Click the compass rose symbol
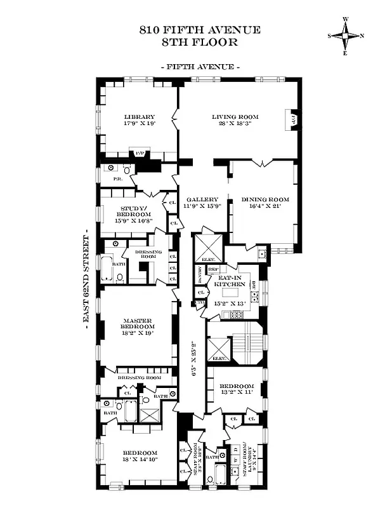click(x=346, y=36)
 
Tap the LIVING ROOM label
click(x=235, y=117)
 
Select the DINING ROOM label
click(x=265, y=200)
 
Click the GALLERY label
click(x=202, y=199)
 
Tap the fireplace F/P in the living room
click(x=293, y=119)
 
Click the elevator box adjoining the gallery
click(x=209, y=247)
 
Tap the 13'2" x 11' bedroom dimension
click(x=237, y=393)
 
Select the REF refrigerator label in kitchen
click(x=213, y=269)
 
